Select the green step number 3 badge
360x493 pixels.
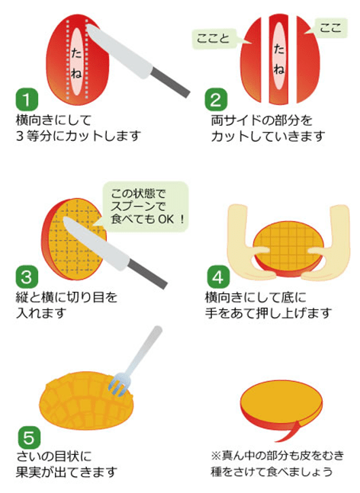(27, 274)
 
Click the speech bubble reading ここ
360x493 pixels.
(329, 27)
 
